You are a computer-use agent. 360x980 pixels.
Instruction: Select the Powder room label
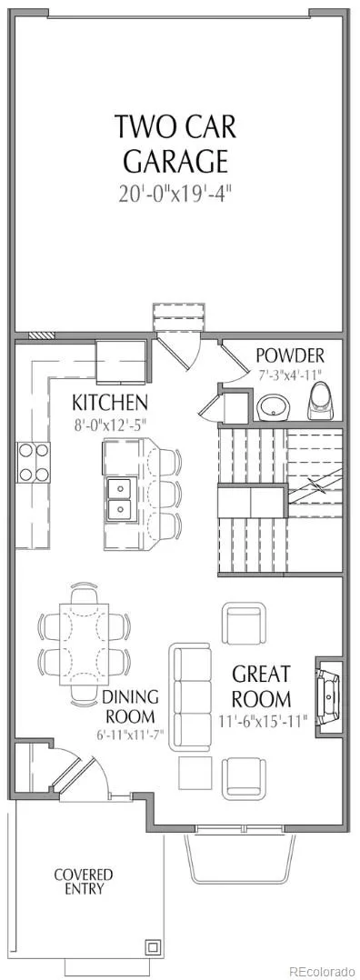(291, 356)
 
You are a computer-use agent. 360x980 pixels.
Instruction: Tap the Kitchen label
(109, 401)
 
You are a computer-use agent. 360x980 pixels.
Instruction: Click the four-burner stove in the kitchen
(33, 463)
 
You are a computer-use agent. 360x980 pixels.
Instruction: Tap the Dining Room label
(130, 706)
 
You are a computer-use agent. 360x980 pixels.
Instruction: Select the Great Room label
(261, 685)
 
